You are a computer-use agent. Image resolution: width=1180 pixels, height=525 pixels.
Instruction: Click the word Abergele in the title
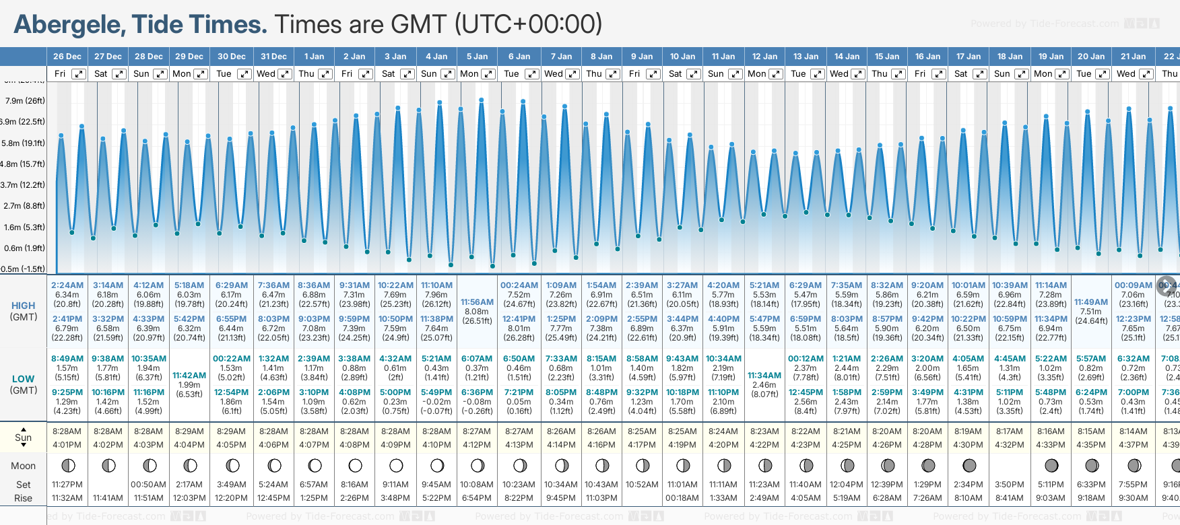(x=69, y=25)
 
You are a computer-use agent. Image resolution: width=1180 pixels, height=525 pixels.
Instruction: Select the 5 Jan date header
(x=477, y=57)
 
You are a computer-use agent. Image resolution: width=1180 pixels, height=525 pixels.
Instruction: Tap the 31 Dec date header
(x=273, y=57)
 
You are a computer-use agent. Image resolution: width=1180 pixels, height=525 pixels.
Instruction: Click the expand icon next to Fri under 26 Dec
(x=79, y=74)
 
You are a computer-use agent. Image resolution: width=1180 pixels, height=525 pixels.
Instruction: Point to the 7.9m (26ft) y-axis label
(x=25, y=101)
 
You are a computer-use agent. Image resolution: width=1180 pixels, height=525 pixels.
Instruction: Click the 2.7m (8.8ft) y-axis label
(x=25, y=206)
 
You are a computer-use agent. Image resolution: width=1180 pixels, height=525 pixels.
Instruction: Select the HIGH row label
(x=24, y=306)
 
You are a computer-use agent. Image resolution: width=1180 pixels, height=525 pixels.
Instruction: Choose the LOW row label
(x=24, y=379)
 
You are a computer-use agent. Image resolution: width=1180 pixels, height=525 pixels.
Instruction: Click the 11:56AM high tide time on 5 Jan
(x=477, y=302)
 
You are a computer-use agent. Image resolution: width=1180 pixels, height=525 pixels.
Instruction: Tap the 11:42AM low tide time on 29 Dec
(x=189, y=376)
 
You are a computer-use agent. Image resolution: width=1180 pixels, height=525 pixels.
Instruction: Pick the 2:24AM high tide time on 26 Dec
(x=67, y=285)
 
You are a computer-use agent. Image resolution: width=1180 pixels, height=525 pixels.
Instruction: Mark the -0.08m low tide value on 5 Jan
(x=477, y=402)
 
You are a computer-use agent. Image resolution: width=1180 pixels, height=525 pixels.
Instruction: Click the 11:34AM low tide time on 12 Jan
(x=764, y=376)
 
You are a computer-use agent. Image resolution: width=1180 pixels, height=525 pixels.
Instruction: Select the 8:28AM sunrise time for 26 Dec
(x=67, y=431)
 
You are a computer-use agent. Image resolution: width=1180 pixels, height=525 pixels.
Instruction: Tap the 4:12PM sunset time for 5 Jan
(x=477, y=445)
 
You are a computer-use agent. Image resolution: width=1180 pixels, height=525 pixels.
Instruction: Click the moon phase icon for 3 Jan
(x=396, y=465)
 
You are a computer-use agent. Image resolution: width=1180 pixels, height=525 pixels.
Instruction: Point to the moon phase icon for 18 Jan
(x=1010, y=465)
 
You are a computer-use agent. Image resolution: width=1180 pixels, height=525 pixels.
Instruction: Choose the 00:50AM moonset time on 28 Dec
(x=149, y=485)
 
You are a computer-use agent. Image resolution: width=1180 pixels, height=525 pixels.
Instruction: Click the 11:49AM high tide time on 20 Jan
(x=1091, y=302)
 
